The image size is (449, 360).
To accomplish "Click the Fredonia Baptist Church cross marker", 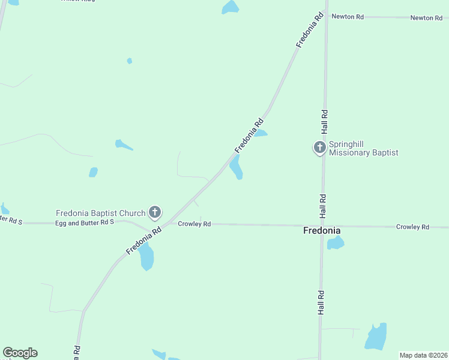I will tap(155, 212).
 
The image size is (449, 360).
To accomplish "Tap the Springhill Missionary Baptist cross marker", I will tap(320, 147).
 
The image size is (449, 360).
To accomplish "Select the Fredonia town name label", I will tap(322, 230).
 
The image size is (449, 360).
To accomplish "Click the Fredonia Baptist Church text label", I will tap(101, 213).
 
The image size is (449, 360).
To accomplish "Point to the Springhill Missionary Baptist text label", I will tap(364, 149).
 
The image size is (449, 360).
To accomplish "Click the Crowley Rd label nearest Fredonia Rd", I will tap(194, 224).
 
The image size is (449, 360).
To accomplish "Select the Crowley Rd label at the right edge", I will tap(412, 227).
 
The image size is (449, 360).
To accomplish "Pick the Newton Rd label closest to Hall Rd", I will tap(348, 17).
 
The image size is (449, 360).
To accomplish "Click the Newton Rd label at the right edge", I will tap(426, 18).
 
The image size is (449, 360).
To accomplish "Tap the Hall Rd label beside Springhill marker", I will tap(324, 121).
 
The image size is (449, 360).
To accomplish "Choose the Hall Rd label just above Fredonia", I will tap(323, 206).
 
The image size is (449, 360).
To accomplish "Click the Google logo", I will tap(20, 353).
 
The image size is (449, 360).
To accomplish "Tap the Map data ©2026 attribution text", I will tap(423, 355).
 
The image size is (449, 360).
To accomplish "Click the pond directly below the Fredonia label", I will tap(335, 243).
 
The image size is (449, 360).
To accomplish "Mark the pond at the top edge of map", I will tap(230, 7).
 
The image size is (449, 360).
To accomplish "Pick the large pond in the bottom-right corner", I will tap(376, 337).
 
